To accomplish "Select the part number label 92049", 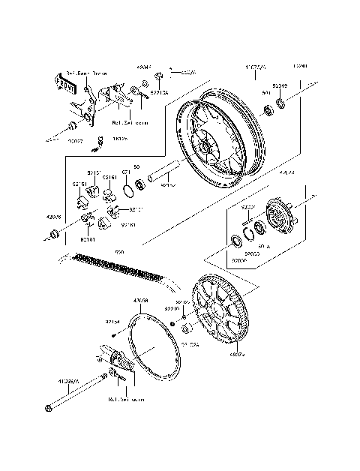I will point(279,87).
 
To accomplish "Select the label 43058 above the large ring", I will point(140,301).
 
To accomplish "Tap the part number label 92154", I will point(112,322).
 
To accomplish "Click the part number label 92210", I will point(172,308).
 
